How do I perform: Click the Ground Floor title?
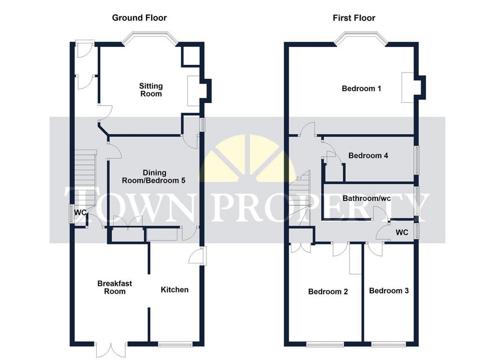(x=139, y=18)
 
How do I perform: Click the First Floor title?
(x=354, y=18)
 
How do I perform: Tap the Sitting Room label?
(x=151, y=90)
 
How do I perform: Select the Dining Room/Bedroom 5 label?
(x=154, y=177)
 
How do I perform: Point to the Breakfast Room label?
(x=115, y=288)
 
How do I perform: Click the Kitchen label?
(x=175, y=289)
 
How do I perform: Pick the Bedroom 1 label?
(x=362, y=88)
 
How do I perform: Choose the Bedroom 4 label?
(x=368, y=156)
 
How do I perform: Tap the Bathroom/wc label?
(x=366, y=199)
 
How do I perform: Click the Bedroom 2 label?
(x=328, y=291)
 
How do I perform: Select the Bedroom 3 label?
(x=389, y=290)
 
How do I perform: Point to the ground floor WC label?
(x=80, y=213)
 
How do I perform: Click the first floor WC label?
(x=402, y=232)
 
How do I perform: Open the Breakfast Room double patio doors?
(x=111, y=350)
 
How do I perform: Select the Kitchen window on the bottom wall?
(x=175, y=345)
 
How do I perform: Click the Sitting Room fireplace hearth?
(x=193, y=91)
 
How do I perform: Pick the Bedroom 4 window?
(x=417, y=160)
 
